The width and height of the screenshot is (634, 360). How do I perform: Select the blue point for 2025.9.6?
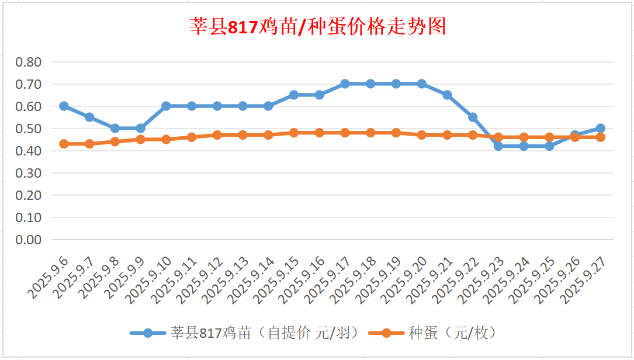64,106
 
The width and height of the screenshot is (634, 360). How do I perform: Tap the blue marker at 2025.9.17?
345,84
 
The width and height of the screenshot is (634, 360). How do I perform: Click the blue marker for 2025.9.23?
498,146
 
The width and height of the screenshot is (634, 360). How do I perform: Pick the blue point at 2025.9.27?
600,128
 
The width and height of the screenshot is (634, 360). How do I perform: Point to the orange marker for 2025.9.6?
64,144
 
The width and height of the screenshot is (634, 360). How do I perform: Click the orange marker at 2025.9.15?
294,133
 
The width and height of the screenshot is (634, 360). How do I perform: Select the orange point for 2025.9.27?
600,137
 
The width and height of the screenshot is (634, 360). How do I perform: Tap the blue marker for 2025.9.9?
140,128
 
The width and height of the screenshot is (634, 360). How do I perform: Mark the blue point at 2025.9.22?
473,117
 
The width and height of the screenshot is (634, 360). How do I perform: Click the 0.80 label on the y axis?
29,62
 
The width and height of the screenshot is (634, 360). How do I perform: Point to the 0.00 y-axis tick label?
29,240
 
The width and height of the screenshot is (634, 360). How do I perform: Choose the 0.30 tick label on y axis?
29,173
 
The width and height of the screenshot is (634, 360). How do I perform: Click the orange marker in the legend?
386,333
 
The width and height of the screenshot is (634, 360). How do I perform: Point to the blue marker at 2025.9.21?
447,95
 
